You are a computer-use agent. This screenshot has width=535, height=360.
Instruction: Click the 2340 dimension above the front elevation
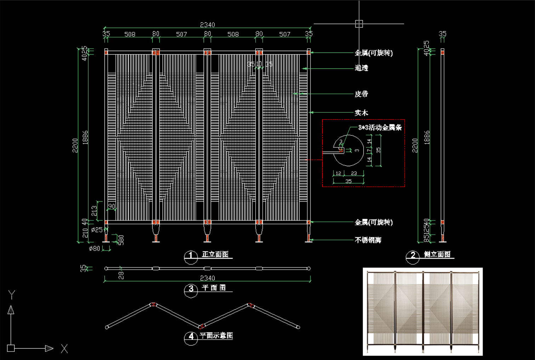tap(207, 25)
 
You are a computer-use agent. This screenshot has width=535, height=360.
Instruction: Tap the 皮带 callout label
tap(361, 94)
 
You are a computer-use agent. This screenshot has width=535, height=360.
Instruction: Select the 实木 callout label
tap(361, 113)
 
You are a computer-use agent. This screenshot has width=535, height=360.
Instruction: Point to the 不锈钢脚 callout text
tap(368, 240)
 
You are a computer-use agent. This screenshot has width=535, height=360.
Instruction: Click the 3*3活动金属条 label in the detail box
tap(380, 128)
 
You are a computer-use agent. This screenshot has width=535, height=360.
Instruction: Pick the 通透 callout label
tap(361, 68)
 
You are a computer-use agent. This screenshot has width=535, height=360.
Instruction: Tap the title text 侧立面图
tap(437, 254)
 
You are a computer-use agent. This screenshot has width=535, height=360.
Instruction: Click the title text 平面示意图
tap(216, 335)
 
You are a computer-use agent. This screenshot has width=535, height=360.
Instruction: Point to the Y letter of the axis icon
tap(12, 294)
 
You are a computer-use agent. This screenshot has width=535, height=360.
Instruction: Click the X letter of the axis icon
tap(64, 349)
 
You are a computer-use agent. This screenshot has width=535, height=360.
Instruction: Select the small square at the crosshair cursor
tap(359, 24)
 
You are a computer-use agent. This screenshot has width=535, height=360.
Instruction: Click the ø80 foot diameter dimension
tap(95, 248)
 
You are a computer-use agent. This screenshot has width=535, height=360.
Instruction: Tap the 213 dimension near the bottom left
tap(94, 211)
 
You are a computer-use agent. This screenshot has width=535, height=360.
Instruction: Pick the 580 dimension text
tap(121, 240)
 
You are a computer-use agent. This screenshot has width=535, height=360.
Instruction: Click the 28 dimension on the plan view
tap(121, 275)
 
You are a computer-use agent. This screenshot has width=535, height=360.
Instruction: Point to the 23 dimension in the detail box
tap(354, 173)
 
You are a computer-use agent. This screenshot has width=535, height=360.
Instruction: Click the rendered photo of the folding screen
tap(422, 311)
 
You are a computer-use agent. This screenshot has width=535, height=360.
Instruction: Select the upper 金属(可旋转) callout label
tap(374, 53)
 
